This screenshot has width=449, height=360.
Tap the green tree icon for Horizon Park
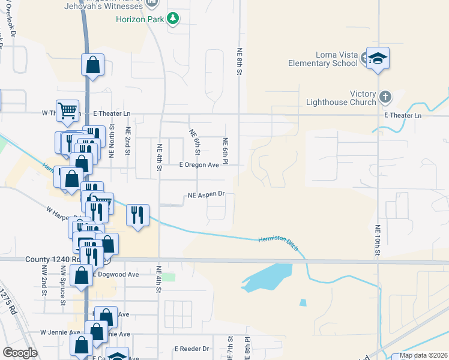point(173,19)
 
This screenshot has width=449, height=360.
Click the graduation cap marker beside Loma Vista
point(378,58)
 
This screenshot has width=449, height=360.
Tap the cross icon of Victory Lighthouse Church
point(385,96)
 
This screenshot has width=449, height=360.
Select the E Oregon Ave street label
point(200,164)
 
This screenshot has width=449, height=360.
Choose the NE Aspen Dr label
point(206,194)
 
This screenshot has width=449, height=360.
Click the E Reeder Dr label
point(191,349)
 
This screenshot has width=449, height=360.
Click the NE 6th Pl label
point(225,151)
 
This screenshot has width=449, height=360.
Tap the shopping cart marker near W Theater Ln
point(68,110)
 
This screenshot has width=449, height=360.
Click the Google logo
point(20,353)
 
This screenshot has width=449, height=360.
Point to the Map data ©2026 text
point(424,355)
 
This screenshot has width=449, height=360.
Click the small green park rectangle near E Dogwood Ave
point(169,277)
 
